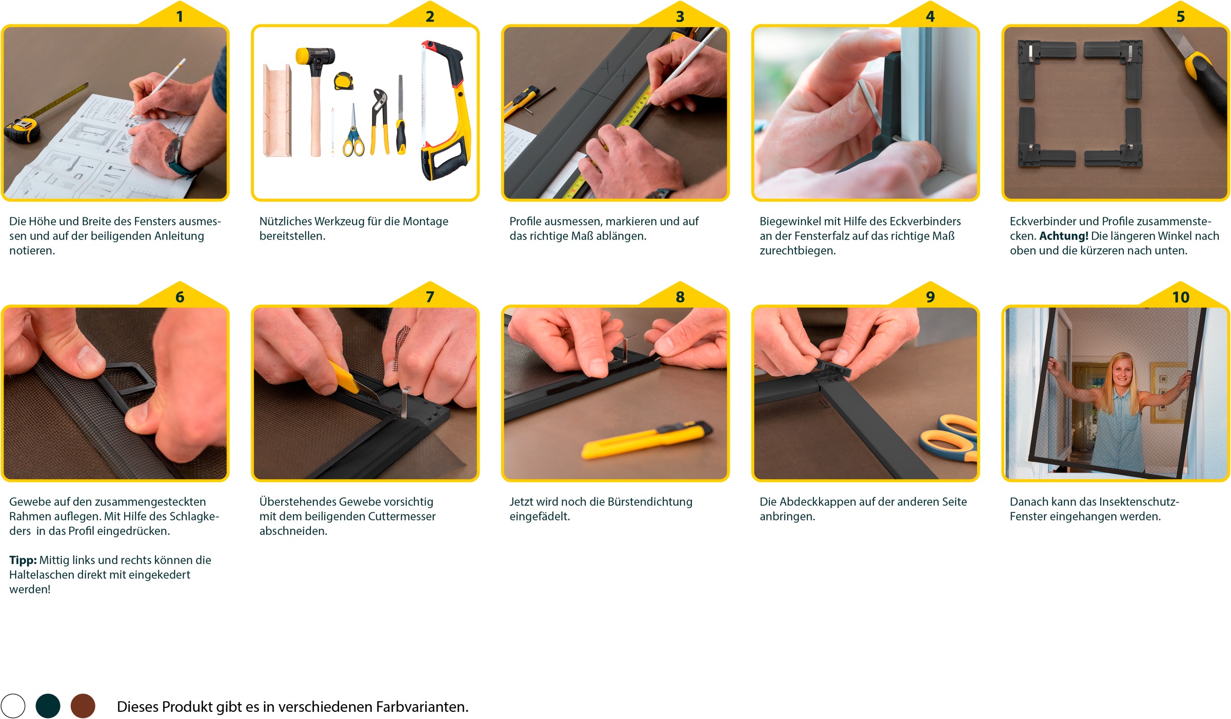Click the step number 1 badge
point(180,16)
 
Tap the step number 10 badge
point(1180,296)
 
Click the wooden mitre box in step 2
point(277,110)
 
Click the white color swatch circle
point(13,706)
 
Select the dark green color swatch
point(48,706)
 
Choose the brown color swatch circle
point(83,706)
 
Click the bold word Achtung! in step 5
point(1063,236)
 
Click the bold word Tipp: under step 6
point(23,560)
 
